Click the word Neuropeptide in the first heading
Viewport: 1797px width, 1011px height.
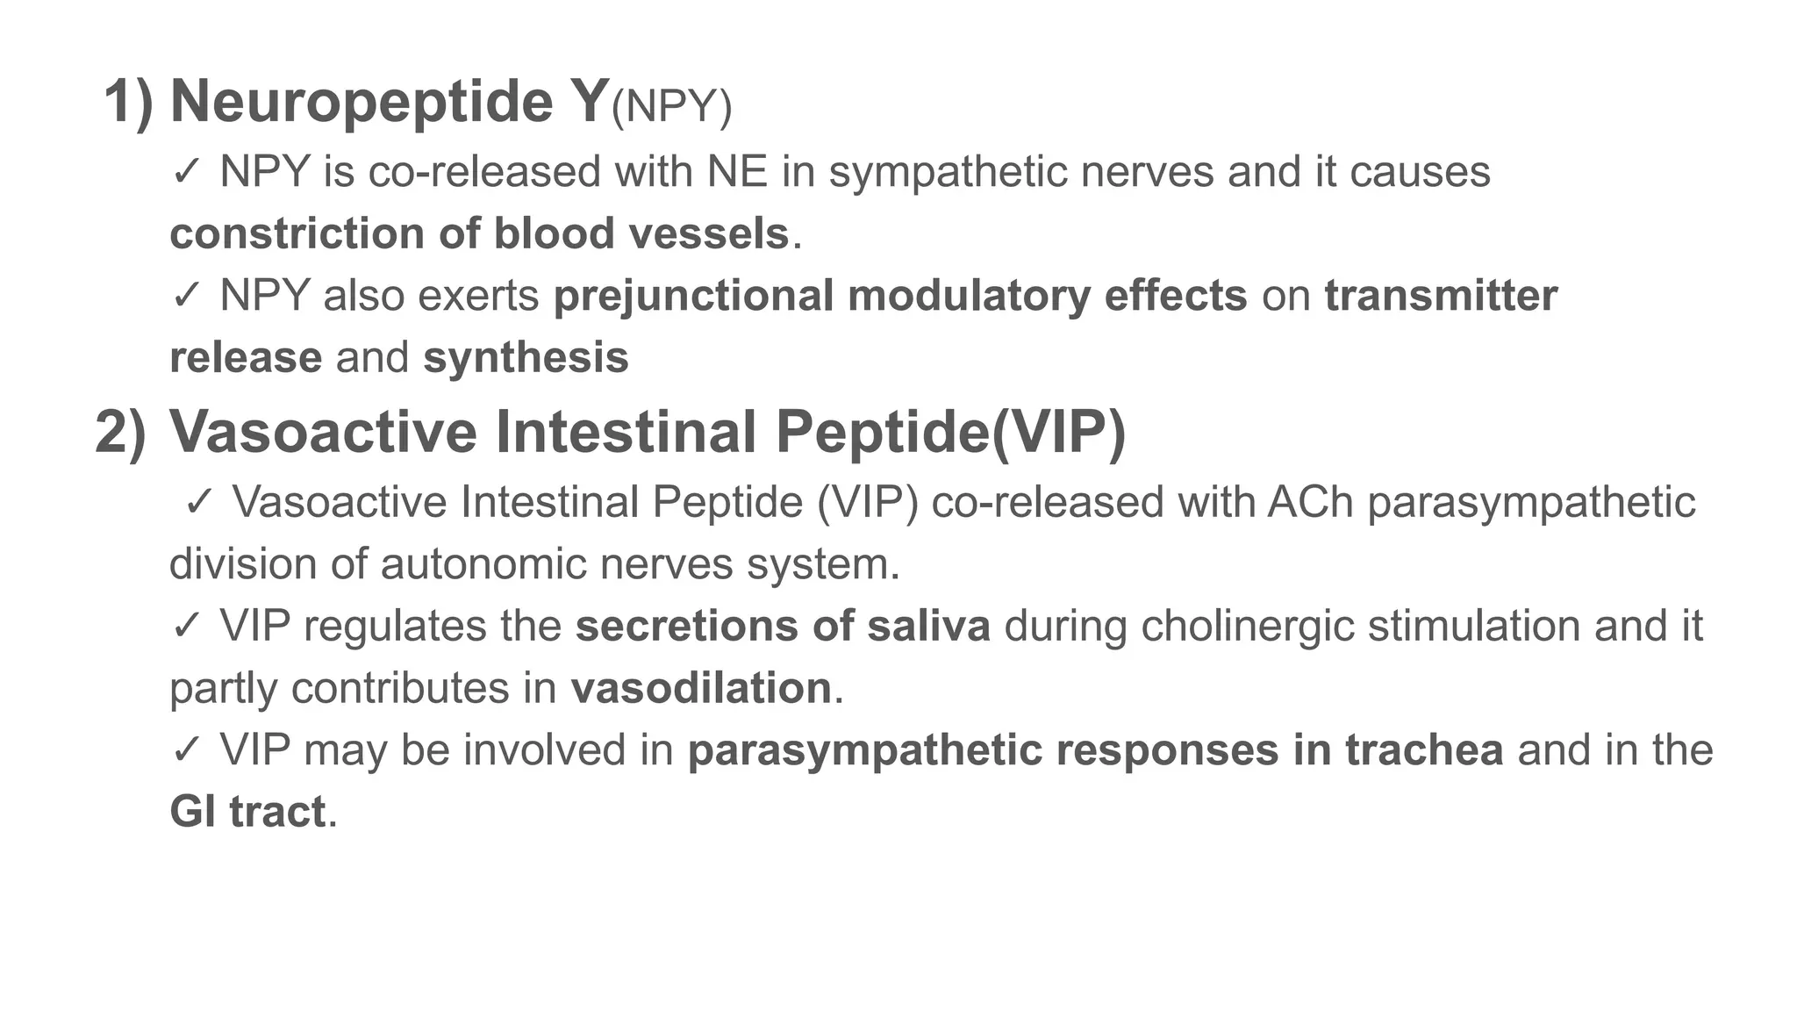[x=361, y=103]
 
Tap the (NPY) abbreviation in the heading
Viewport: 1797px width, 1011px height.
[x=671, y=107]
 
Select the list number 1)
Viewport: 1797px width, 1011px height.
[x=128, y=103]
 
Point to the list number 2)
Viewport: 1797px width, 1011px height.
[x=120, y=433]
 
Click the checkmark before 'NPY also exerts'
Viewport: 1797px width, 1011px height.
[x=187, y=297]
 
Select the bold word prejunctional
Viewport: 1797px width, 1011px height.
[x=692, y=297]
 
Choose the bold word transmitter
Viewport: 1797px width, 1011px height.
[x=1441, y=297]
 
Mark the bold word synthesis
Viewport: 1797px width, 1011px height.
[x=526, y=358]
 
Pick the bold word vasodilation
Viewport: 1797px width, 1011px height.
[x=700, y=688]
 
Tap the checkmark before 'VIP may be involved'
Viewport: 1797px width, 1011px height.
[x=187, y=750]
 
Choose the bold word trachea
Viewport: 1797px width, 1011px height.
[x=1424, y=750]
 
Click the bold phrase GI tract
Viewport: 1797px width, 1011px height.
[x=247, y=813]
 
